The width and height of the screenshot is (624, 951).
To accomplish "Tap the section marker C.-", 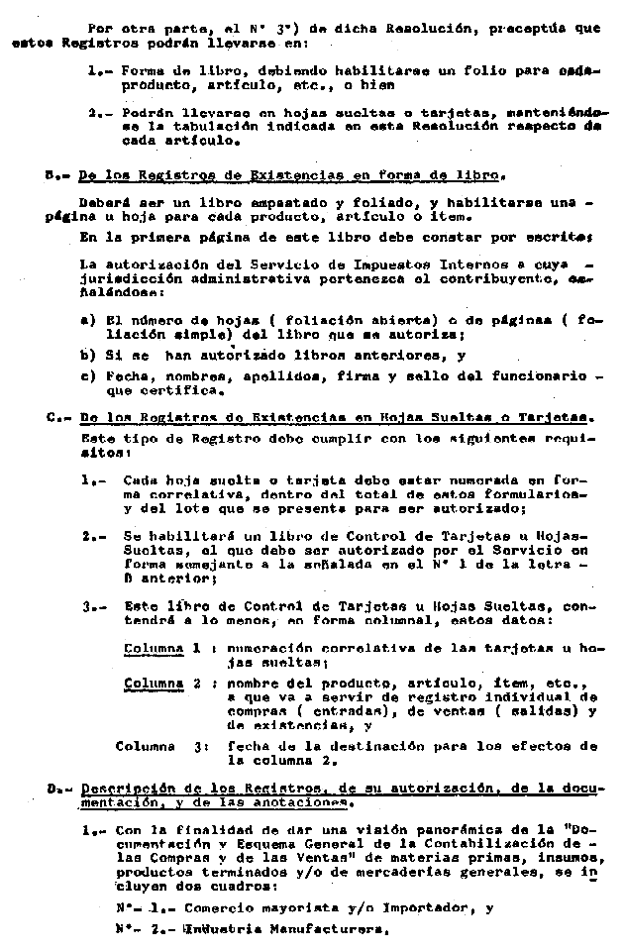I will pos(55,417).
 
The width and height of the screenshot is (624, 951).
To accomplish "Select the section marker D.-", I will pos(57,790).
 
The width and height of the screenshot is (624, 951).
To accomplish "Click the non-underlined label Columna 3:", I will pos(161,745).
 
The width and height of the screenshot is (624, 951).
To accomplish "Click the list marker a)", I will pos(86,320).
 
